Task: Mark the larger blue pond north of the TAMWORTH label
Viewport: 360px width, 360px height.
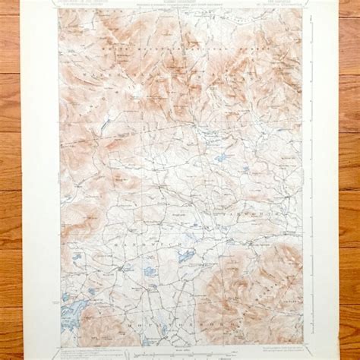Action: point(220,159)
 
